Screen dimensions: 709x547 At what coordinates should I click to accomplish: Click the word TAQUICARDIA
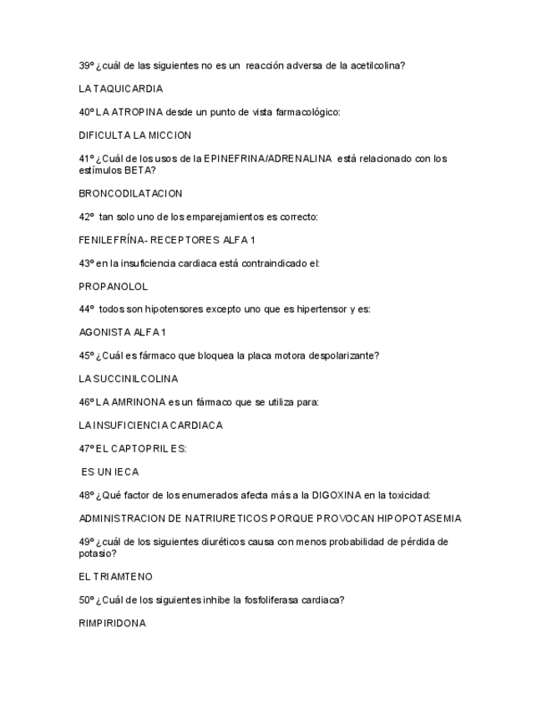point(128,89)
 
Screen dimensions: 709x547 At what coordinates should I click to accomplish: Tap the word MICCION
point(170,135)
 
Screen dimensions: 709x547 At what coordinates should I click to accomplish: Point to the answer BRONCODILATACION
point(130,194)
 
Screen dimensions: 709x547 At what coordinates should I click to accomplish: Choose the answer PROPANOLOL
point(113,287)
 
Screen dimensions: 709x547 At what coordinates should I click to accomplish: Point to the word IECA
point(125,472)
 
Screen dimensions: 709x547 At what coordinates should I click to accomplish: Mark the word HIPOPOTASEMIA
point(419,518)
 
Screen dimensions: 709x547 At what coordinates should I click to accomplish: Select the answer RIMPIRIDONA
point(112,623)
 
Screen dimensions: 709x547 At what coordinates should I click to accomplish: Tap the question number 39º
point(86,65)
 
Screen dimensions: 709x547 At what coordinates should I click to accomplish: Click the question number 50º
point(86,599)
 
